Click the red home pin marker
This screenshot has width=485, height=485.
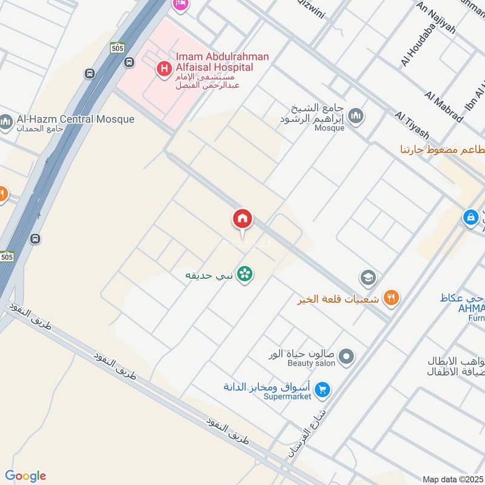coord(242,219)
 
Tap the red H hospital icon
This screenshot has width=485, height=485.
coord(163,70)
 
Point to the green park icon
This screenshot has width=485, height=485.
coord(245,275)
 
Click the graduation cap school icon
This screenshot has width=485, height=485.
coord(368,278)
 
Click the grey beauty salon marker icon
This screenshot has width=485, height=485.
coord(346,357)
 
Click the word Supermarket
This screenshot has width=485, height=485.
coord(287,396)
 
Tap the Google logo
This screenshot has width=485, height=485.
coord(25,475)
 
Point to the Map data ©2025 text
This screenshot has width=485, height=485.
coord(452,479)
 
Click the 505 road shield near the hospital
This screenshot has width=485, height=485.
coord(118,47)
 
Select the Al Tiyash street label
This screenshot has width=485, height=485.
coord(412,125)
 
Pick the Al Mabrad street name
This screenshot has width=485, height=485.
coord(444,106)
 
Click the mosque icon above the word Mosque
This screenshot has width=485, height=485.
coord(356,115)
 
